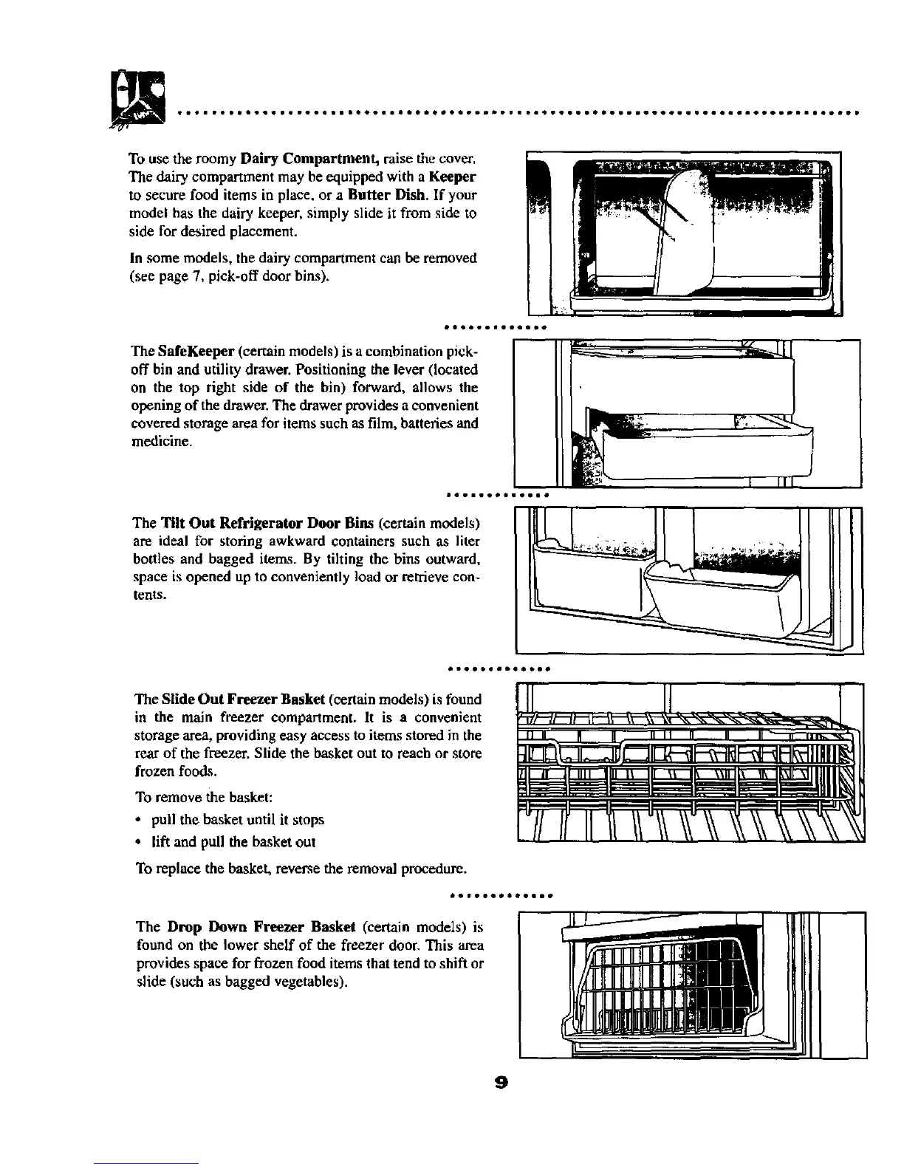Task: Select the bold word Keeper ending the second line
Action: tap(453, 177)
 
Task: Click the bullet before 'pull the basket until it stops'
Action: tap(140, 820)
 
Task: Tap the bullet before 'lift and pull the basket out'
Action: tap(140, 842)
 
